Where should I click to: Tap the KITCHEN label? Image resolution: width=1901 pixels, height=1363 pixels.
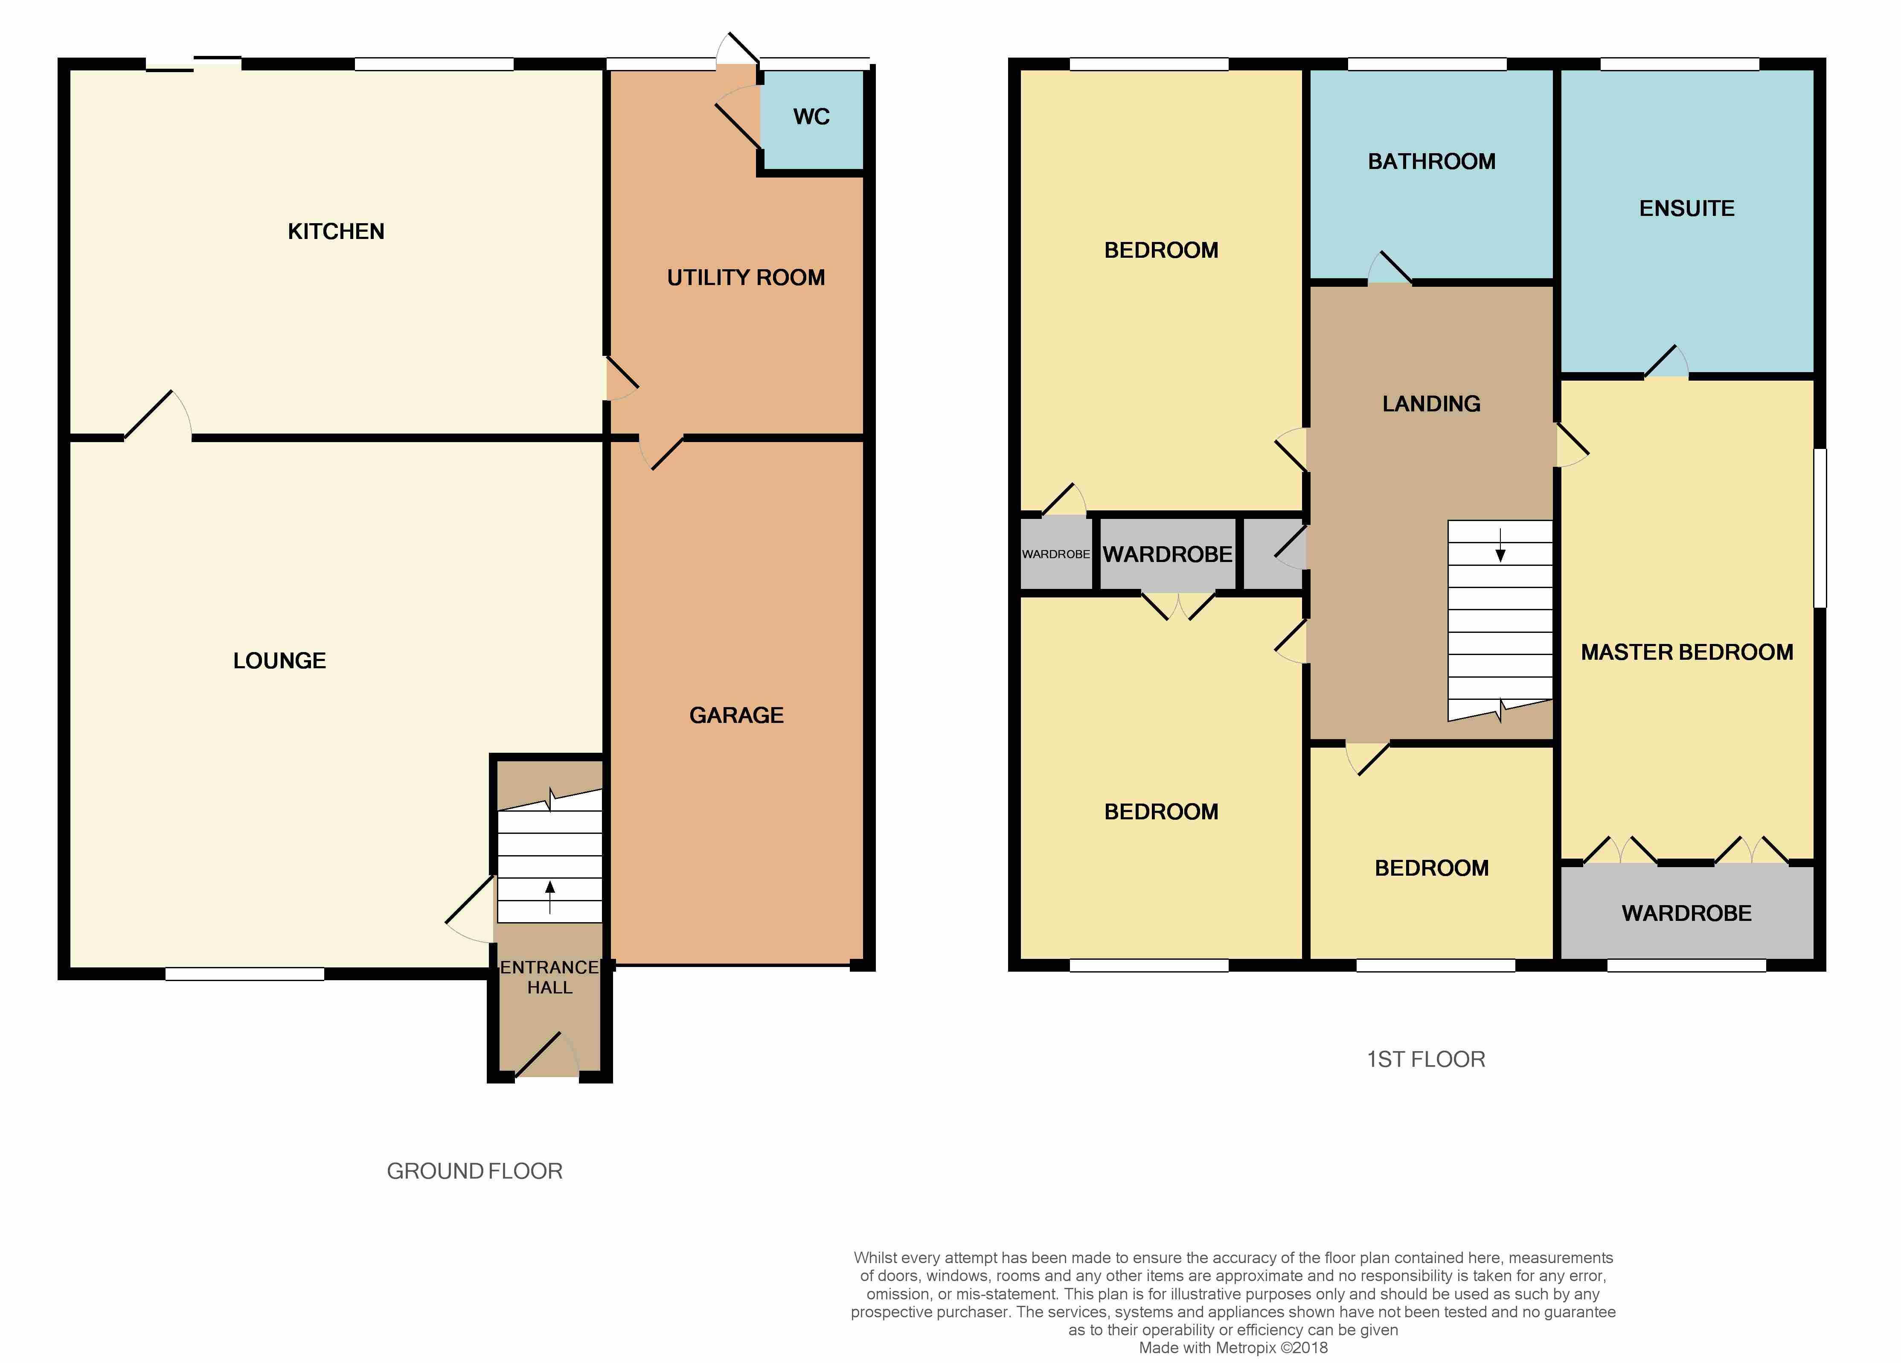(336, 231)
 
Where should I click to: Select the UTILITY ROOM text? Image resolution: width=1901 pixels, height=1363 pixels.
(746, 277)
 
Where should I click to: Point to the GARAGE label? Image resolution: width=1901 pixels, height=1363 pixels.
(737, 715)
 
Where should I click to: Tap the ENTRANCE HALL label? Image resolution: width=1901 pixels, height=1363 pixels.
(550, 977)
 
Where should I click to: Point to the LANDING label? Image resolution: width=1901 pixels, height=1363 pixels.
(1432, 404)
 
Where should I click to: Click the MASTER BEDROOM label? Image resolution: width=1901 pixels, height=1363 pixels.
(1687, 652)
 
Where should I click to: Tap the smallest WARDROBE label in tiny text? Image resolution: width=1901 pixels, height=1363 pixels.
(1056, 554)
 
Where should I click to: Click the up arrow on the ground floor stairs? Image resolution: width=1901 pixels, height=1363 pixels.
(550, 897)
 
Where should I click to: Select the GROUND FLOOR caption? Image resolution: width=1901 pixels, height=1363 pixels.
(474, 1171)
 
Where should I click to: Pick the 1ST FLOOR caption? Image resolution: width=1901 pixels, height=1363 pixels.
(1426, 1060)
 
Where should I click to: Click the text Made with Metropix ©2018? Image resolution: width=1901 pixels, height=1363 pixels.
(1233, 1348)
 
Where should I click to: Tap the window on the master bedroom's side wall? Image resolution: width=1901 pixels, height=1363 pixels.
(1820, 528)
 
